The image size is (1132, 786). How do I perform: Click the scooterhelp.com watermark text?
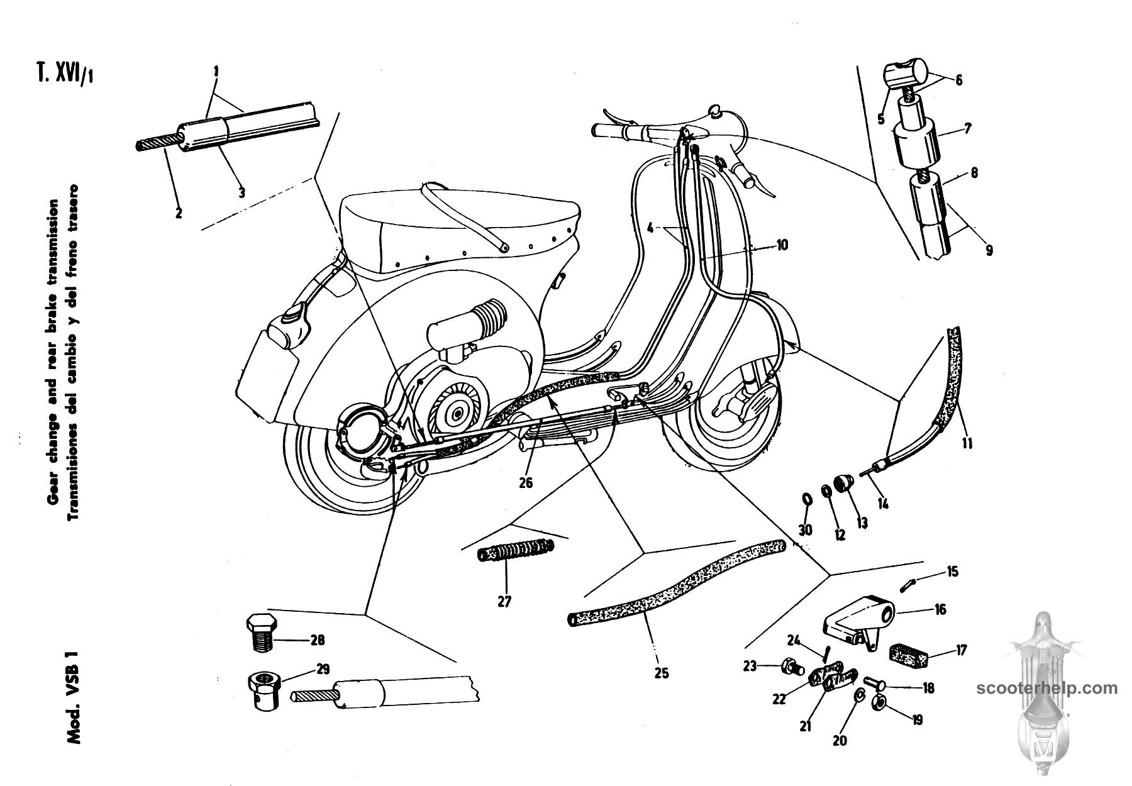[x=1046, y=688]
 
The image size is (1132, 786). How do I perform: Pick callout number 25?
[x=661, y=673]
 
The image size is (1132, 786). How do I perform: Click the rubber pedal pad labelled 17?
[x=905, y=653]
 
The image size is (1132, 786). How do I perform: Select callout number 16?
[x=940, y=609]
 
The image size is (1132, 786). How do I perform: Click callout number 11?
[x=967, y=443]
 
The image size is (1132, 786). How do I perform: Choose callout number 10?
[x=781, y=245]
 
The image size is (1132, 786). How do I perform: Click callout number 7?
[x=967, y=130]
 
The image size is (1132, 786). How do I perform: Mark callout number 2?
[x=179, y=213]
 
